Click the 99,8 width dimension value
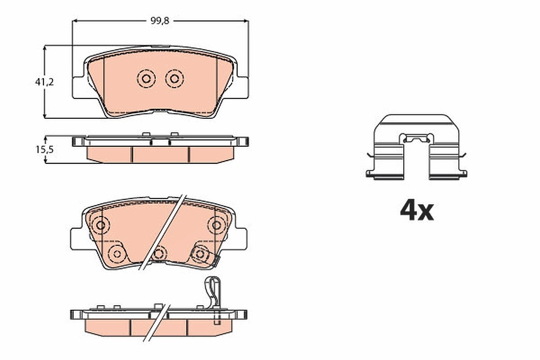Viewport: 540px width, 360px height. [x=160, y=21]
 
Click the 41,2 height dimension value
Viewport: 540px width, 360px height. [x=45, y=82]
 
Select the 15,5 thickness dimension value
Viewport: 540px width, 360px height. [x=45, y=150]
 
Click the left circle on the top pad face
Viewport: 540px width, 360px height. [x=146, y=79]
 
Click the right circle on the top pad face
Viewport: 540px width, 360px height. [x=175, y=79]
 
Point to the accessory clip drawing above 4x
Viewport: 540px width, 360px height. [x=416, y=147]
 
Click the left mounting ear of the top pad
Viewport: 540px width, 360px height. [x=78, y=87]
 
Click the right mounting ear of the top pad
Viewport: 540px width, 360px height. [x=243, y=87]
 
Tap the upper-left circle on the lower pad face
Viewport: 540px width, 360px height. [x=100, y=225]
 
